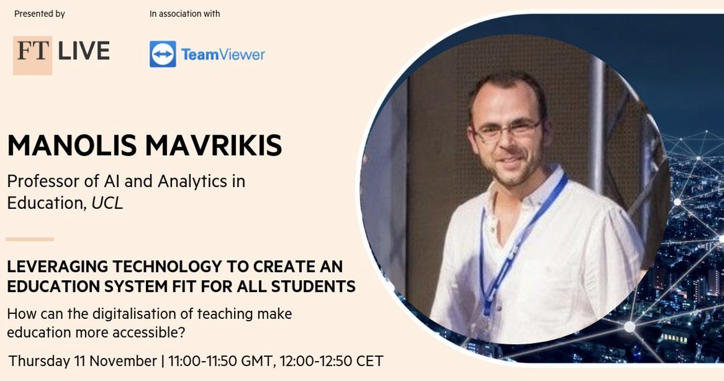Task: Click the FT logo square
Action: click(33, 55)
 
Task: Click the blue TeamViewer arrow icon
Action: click(163, 54)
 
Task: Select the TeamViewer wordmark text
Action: click(223, 54)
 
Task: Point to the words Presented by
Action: click(39, 13)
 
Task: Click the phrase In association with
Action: click(185, 13)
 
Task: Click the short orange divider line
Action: click(30, 239)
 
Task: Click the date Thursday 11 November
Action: click(83, 361)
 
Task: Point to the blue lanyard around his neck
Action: click(513, 242)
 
